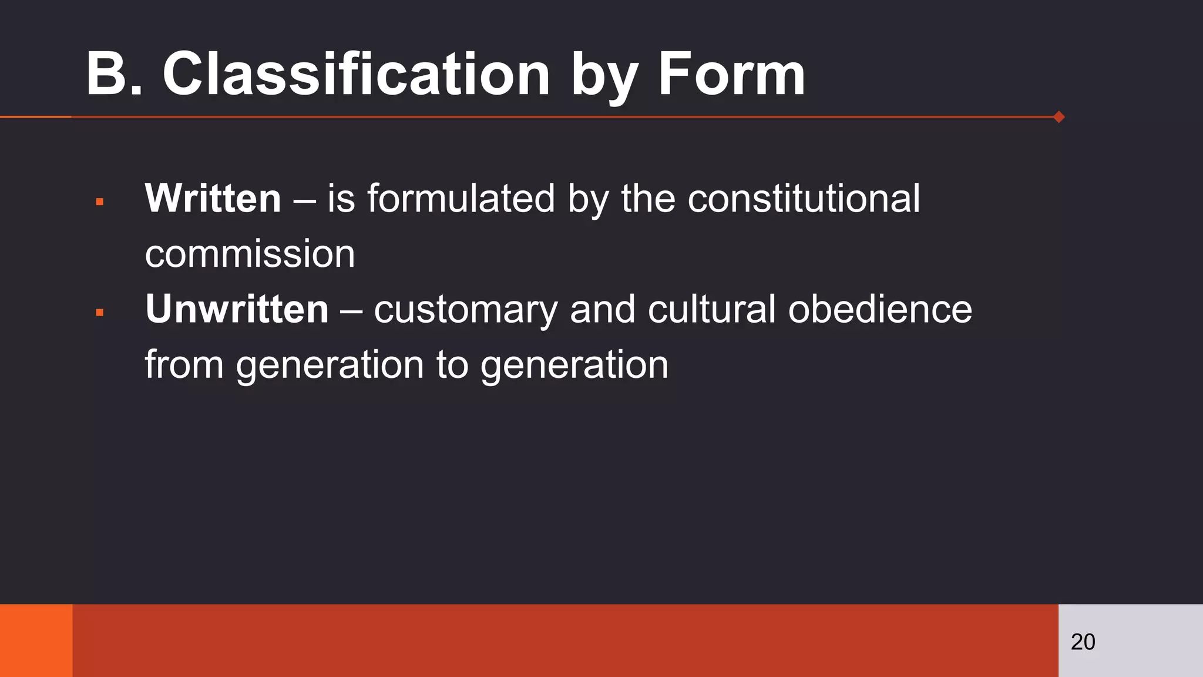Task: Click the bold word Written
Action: pyautogui.click(x=213, y=198)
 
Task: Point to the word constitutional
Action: pyautogui.click(x=804, y=198)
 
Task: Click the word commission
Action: pyautogui.click(x=250, y=254)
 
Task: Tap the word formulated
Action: pyautogui.click(x=461, y=198)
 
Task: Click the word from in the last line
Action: pyautogui.click(x=184, y=364)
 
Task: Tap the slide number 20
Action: pyautogui.click(x=1083, y=642)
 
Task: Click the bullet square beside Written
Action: pyautogui.click(x=100, y=202)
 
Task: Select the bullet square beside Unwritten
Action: pyautogui.click(x=100, y=313)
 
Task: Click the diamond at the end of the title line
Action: pyautogui.click(x=1059, y=117)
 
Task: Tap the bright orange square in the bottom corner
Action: pyautogui.click(x=36, y=641)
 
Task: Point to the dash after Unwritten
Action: pyautogui.click(x=351, y=310)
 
